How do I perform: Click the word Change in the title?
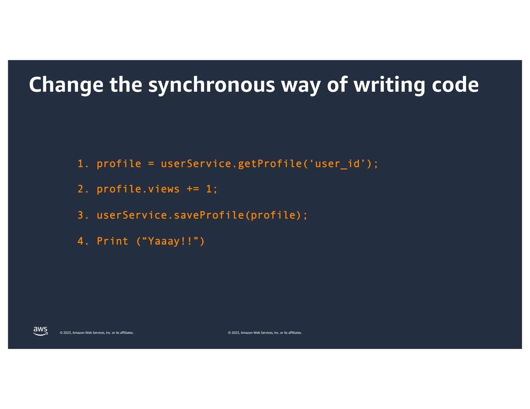66,85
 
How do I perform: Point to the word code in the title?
455,85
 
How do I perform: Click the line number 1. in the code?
83,164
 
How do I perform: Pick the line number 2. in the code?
83,189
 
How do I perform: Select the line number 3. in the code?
83,215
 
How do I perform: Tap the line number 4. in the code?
83,241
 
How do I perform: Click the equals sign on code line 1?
151,164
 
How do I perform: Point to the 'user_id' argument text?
337,164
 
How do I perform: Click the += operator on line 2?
193,189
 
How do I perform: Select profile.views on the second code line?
138,189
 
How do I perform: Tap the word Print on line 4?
113,241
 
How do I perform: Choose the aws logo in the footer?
40,331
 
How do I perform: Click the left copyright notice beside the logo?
97,333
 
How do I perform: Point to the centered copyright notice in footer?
265,333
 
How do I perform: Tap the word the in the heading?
126,85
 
